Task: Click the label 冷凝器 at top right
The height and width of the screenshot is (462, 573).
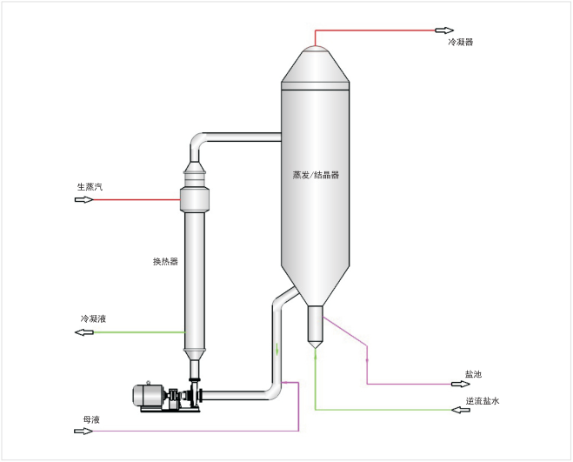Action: coord(460,42)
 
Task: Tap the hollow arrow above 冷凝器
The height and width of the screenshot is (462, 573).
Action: coord(444,30)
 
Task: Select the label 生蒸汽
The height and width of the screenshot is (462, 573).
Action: coord(90,186)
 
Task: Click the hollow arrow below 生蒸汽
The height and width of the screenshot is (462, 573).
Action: coord(83,200)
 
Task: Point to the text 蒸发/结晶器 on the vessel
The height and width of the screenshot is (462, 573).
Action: coord(316,174)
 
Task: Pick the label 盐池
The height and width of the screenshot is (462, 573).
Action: coord(472,374)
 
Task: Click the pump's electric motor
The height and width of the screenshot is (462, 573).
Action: coord(149,395)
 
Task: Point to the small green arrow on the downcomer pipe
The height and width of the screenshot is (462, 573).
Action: coord(277,351)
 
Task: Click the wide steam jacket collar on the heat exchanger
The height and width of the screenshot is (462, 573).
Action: coord(196,199)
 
